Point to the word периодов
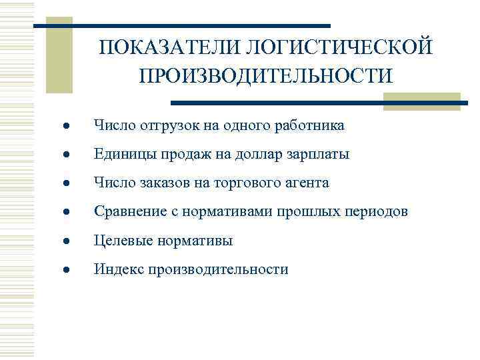pyautogui.click(x=375, y=212)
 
